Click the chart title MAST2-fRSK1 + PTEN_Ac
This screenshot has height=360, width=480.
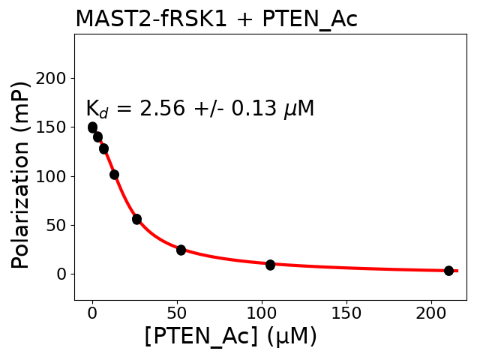pos(216,19)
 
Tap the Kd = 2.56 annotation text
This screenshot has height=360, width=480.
pos(199,109)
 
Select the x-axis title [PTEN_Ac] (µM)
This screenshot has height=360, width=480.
pos(230,337)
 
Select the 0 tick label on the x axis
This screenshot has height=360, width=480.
pos(92,311)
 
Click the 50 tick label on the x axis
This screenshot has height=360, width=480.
pos(177,311)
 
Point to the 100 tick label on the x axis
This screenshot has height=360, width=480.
pos(262,311)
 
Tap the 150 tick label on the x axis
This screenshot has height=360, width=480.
pos(346,311)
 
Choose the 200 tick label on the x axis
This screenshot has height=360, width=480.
pos(431,311)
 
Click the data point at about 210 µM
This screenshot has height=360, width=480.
pos(448,271)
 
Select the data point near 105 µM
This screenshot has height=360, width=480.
pos(270,265)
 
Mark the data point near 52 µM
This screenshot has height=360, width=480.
pos(181,250)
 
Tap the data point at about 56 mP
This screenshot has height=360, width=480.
pos(136,219)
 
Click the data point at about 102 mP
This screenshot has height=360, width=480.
pos(114,175)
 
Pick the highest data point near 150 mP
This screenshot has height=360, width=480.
pos(92,127)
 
